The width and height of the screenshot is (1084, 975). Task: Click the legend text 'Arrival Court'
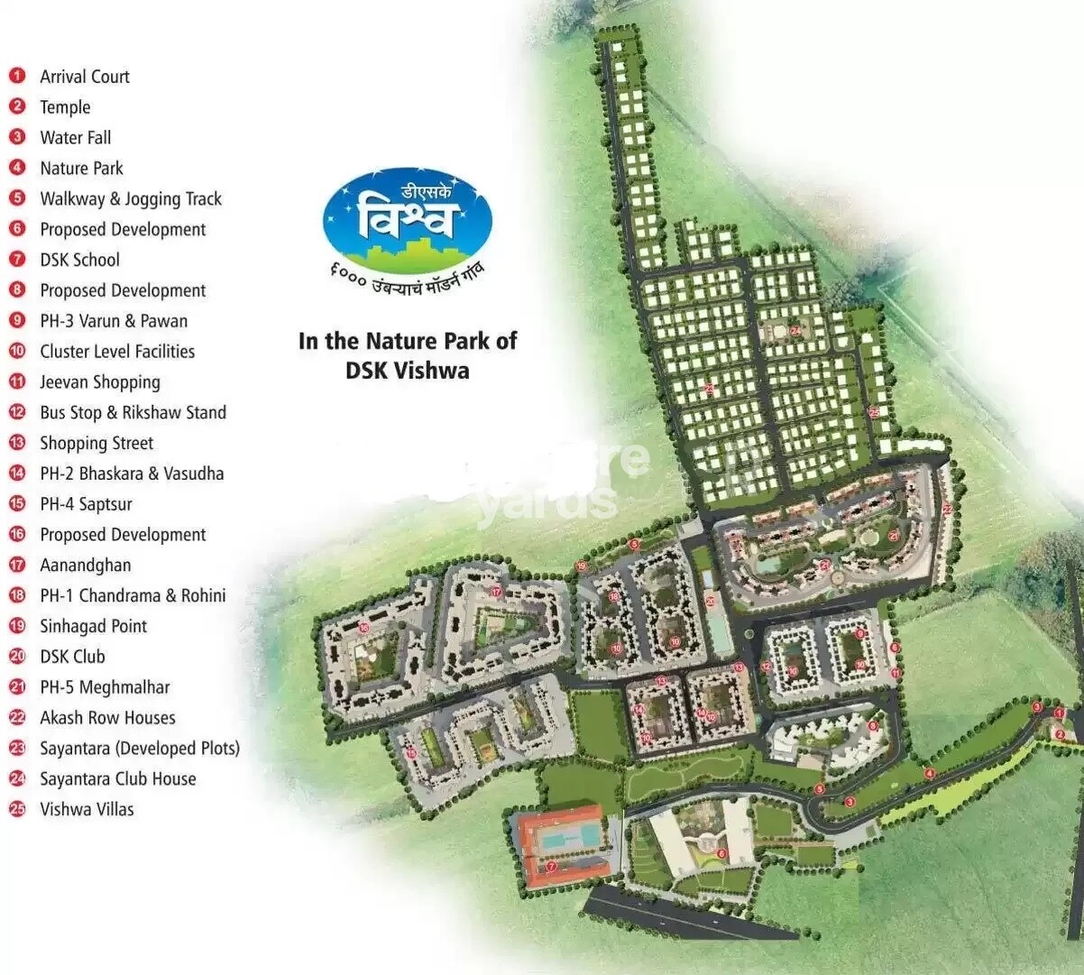point(85,77)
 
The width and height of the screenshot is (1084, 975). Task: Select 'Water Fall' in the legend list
point(76,138)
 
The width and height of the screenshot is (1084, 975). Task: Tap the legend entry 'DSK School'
point(79,260)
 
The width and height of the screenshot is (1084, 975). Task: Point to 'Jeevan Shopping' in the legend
point(100,382)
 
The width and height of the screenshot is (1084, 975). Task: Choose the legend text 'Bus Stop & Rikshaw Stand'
point(133,412)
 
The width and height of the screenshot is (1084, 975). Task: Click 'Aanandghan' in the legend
point(86,566)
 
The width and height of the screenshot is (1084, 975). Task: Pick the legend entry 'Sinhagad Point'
point(93,626)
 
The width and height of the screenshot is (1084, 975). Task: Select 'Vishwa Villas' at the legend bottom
point(87,809)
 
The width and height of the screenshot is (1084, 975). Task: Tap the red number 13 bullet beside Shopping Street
point(17,443)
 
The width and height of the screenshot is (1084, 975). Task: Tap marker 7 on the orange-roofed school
point(551,867)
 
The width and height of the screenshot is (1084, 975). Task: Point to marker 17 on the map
point(496,592)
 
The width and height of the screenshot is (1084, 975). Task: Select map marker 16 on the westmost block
point(364,627)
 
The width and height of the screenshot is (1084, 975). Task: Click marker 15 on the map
point(411,753)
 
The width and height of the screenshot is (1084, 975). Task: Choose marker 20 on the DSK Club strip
point(710,600)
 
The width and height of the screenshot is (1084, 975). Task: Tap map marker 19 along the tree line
point(582,566)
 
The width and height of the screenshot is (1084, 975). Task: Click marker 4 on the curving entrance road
point(929,774)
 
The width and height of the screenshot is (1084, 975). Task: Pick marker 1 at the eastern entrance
point(1059,713)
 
